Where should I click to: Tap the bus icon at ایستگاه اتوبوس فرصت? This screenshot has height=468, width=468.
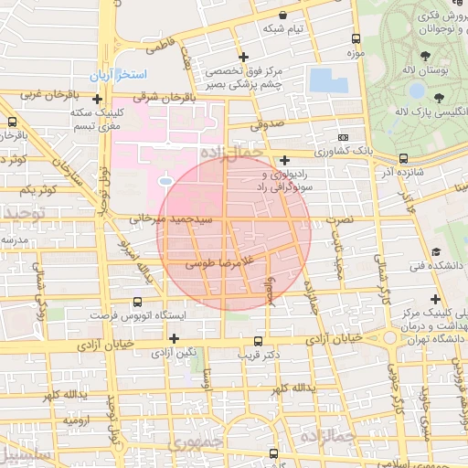[137, 302]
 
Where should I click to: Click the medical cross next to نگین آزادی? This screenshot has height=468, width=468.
[174, 337]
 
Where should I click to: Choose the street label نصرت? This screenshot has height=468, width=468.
[339, 221]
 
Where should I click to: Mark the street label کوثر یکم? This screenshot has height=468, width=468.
[37, 189]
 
